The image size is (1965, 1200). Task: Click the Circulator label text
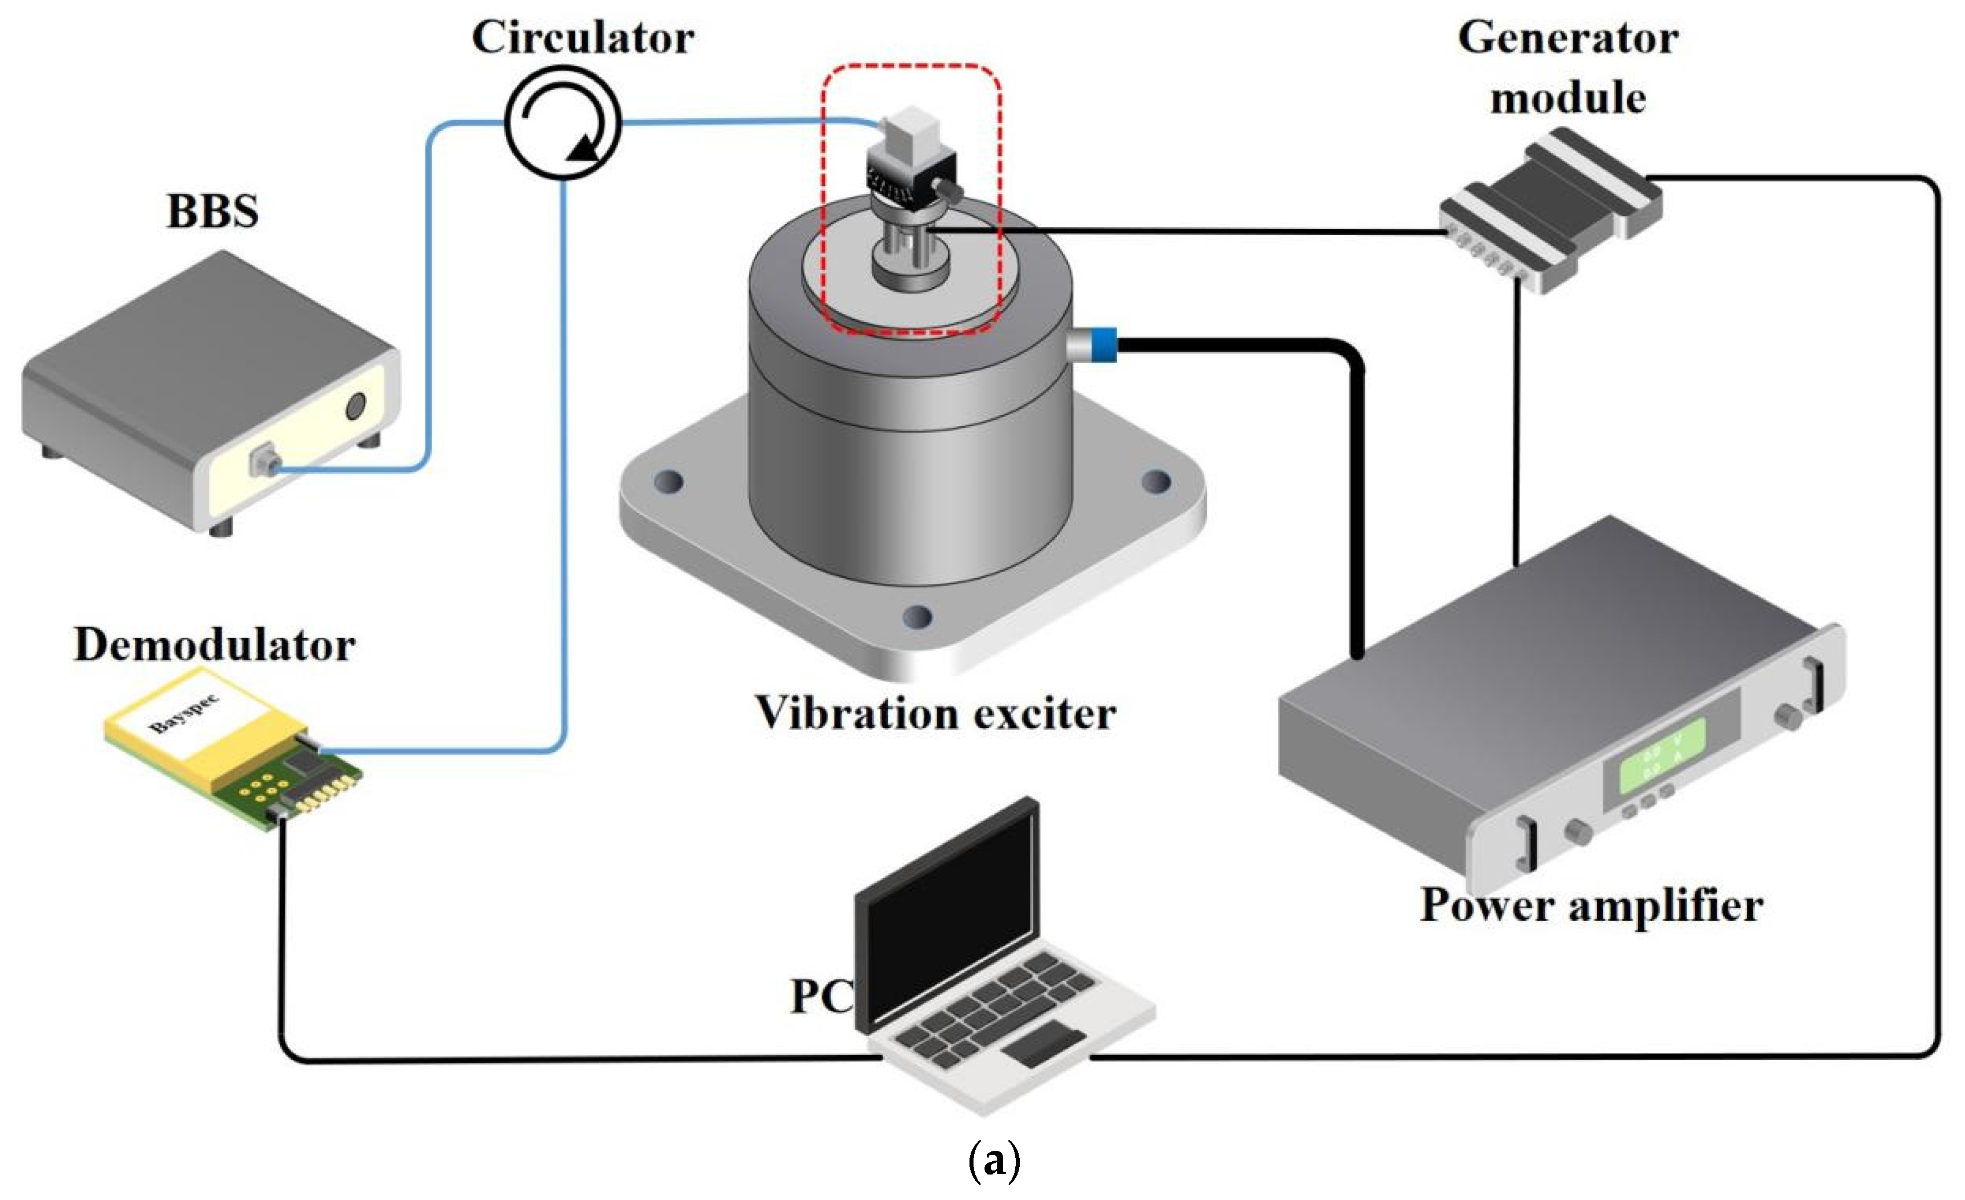pyautogui.click(x=582, y=38)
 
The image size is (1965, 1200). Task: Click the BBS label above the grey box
pyautogui.click(x=212, y=212)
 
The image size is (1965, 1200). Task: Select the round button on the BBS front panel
pyautogui.click(x=356, y=407)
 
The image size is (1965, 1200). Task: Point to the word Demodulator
pyautogui.click(x=214, y=645)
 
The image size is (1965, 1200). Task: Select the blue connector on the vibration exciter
pyautogui.click(x=1104, y=345)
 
